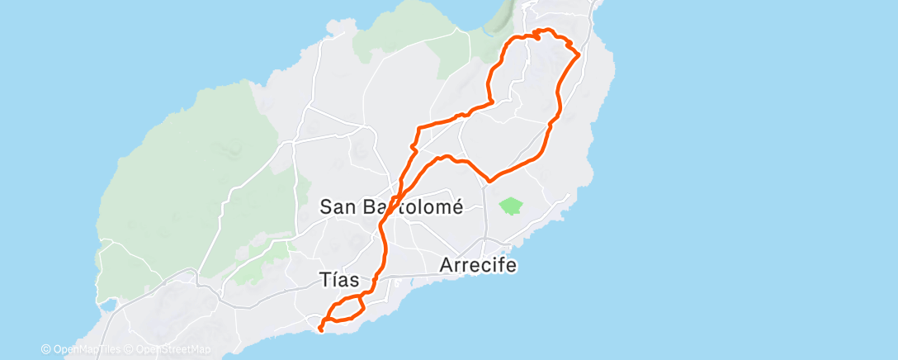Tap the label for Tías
pyautogui.click(x=343, y=280)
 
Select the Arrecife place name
pyautogui.click(x=478, y=266)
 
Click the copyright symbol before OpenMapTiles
pyautogui.click(x=45, y=350)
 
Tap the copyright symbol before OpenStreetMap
pyautogui.click(x=129, y=350)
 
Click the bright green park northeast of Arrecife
pyautogui.click(x=512, y=205)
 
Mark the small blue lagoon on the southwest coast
pyautogui.click(x=107, y=306)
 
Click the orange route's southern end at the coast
pyautogui.click(x=320, y=330)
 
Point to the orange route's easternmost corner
pyautogui.click(x=579, y=54)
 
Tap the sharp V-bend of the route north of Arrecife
pyautogui.click(x=490, y=179)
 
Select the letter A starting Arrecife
pyautogui.click(x=447, y=266)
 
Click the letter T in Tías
pyautogui.click(x=324, y=280)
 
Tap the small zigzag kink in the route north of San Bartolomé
pyautogui.click(x=413, y=148)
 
